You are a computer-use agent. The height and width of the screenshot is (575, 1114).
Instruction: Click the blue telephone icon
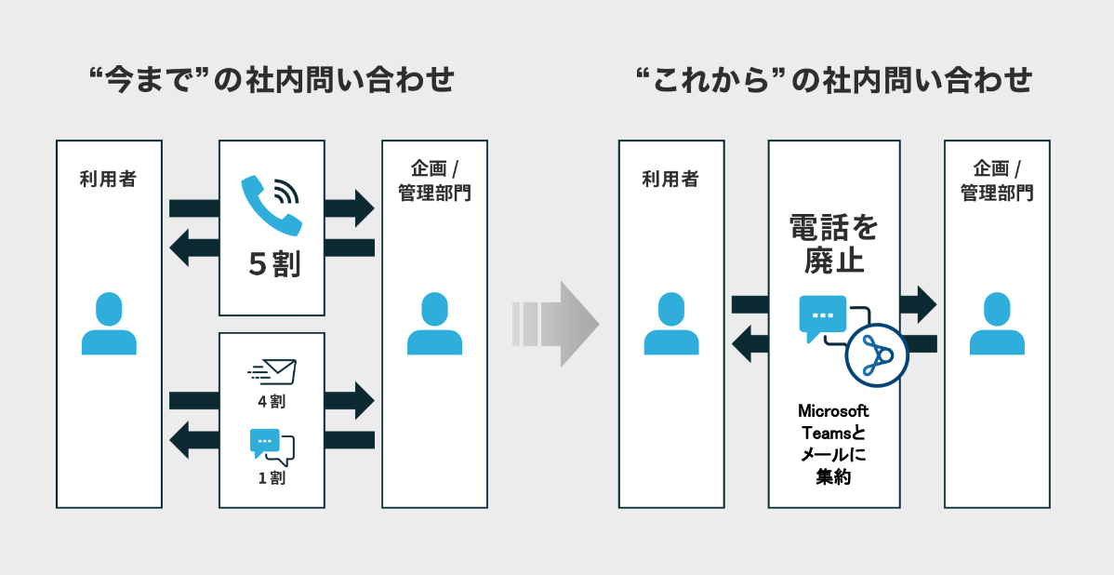coord(272,205)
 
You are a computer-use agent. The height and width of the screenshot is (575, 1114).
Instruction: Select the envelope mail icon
coord(272,371)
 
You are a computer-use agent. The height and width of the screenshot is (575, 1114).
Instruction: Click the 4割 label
coord(272,402)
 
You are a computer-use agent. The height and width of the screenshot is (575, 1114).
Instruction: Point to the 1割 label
coord(272,478)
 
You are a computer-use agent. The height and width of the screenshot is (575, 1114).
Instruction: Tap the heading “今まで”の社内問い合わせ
coord(269,81)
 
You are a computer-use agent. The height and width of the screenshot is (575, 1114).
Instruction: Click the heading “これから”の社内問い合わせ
coord(834,81)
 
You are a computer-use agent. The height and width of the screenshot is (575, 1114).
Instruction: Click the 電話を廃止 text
coord(833,244)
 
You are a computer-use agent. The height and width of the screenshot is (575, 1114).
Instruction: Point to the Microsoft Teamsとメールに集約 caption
coord(833,444)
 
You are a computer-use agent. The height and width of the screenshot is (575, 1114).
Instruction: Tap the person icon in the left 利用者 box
coord(109,324)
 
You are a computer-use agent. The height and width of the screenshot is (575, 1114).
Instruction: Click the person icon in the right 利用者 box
coord(671,324)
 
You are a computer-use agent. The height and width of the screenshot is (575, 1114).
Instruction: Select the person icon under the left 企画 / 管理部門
coord(434,324)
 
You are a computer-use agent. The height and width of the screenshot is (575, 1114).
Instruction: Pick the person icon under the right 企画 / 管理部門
coord(997,324)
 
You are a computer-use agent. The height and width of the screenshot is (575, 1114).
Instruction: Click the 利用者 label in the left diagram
coord(109,180)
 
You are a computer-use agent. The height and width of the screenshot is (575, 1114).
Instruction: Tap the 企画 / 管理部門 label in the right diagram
coord(997,181)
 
